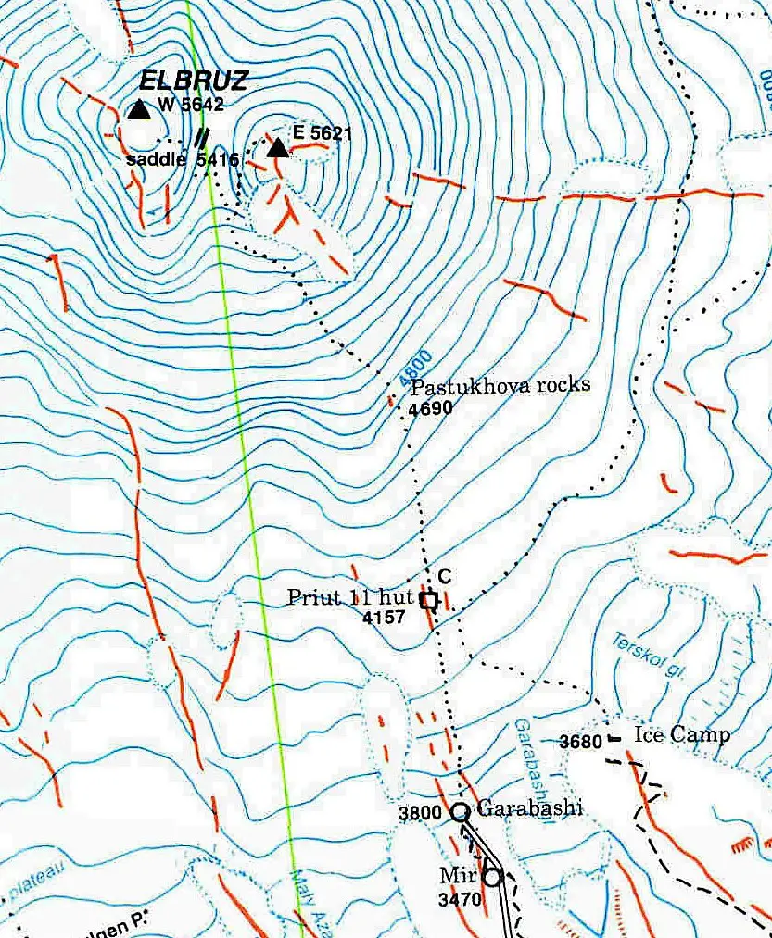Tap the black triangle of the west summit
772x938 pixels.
(x=139, y=110)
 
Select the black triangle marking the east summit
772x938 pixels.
(x=276, y=148)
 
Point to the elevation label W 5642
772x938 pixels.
(x=191, y=105)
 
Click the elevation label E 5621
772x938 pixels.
(x=323, y=132)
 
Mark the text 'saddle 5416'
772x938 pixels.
(x=182, y=160)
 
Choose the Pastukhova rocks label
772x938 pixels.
(x=500, y=386)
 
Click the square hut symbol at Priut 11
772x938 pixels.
(x=428, y=601)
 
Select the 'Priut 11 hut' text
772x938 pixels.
(x=349, y=597)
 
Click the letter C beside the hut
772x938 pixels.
(x=444, y=577)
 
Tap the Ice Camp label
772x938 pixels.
(x=682, y=734)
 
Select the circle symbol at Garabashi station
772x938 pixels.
(x=460, y=812)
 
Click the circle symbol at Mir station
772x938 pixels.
(x=491, y=875)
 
